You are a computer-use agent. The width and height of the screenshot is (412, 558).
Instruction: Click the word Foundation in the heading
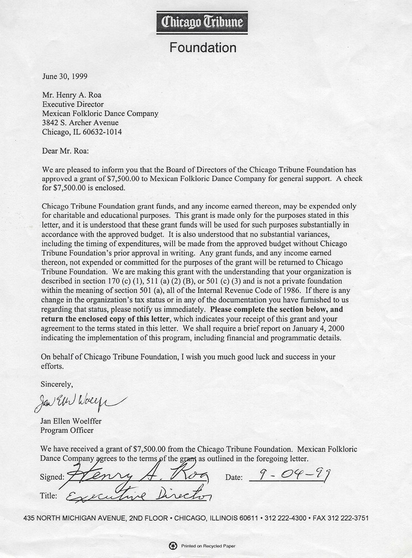click(202, 48)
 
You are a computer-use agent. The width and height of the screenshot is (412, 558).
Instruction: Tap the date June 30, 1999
click(65, 76)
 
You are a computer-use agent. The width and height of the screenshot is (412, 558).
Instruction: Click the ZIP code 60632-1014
click(102, 132)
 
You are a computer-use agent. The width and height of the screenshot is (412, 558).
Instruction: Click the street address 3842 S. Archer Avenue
click(80, 123)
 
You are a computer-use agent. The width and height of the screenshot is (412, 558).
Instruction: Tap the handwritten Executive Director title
click(139, 495)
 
